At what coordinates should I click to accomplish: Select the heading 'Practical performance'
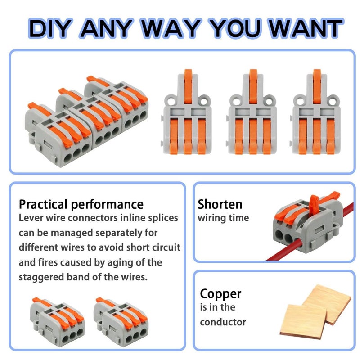click(x=81, y=204)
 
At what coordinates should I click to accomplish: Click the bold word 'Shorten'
click(x=220, y=204)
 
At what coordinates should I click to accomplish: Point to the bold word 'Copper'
click(x=220, y=294)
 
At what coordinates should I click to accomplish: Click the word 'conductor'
click(x=223, y=322)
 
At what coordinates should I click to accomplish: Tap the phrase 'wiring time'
click(x=223, y=218)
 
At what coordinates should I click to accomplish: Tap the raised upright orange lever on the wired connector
click(x=314, y=206)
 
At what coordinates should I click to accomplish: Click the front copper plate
click(x=303, y=320)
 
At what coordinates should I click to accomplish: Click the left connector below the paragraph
click(x=58, y=321)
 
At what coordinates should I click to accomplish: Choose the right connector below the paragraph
click(x=121, y=321)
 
